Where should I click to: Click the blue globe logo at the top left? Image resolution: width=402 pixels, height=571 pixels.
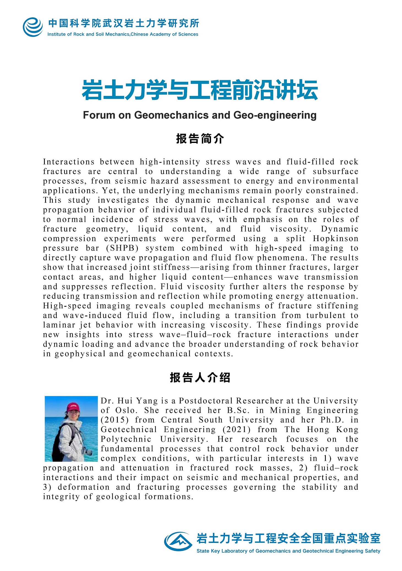[x=33, y=27]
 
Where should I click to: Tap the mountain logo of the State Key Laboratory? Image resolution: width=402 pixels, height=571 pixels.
[x=178, y=541]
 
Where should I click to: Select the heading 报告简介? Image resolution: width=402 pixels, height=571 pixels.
[x=200, y=139]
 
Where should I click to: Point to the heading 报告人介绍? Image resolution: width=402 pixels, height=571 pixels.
[x=200, y=378]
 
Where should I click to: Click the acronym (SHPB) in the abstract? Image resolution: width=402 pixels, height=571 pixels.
[x=122, y=248]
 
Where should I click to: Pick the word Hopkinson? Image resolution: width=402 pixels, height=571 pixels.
[x=335, y=238]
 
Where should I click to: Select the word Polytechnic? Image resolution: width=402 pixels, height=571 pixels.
[x=126, y=439]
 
